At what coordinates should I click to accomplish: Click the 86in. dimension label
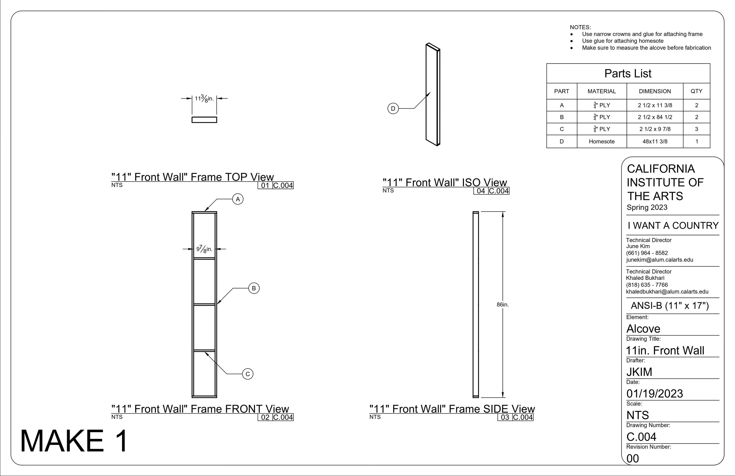point(502,305)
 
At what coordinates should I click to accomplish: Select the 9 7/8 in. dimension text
point(204,249)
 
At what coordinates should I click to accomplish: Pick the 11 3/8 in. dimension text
point(204,99)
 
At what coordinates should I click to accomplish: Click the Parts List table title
point(628,74)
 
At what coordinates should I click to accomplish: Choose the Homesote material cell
point(602,142)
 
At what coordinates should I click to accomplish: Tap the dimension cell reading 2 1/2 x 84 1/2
point(655,117)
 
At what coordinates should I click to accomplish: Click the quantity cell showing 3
point(696,129)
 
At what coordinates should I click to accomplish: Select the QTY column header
point(696,91)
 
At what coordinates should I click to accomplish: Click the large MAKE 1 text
point(74,441)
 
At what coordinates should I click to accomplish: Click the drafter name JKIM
point(639,372)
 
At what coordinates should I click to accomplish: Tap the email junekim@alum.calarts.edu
point(660,260)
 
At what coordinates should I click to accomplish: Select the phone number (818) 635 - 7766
point(647,285)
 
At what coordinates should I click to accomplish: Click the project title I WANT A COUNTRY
point(673,226)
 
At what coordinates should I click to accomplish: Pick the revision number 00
point(633,459)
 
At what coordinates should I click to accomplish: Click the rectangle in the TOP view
point(204,117)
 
